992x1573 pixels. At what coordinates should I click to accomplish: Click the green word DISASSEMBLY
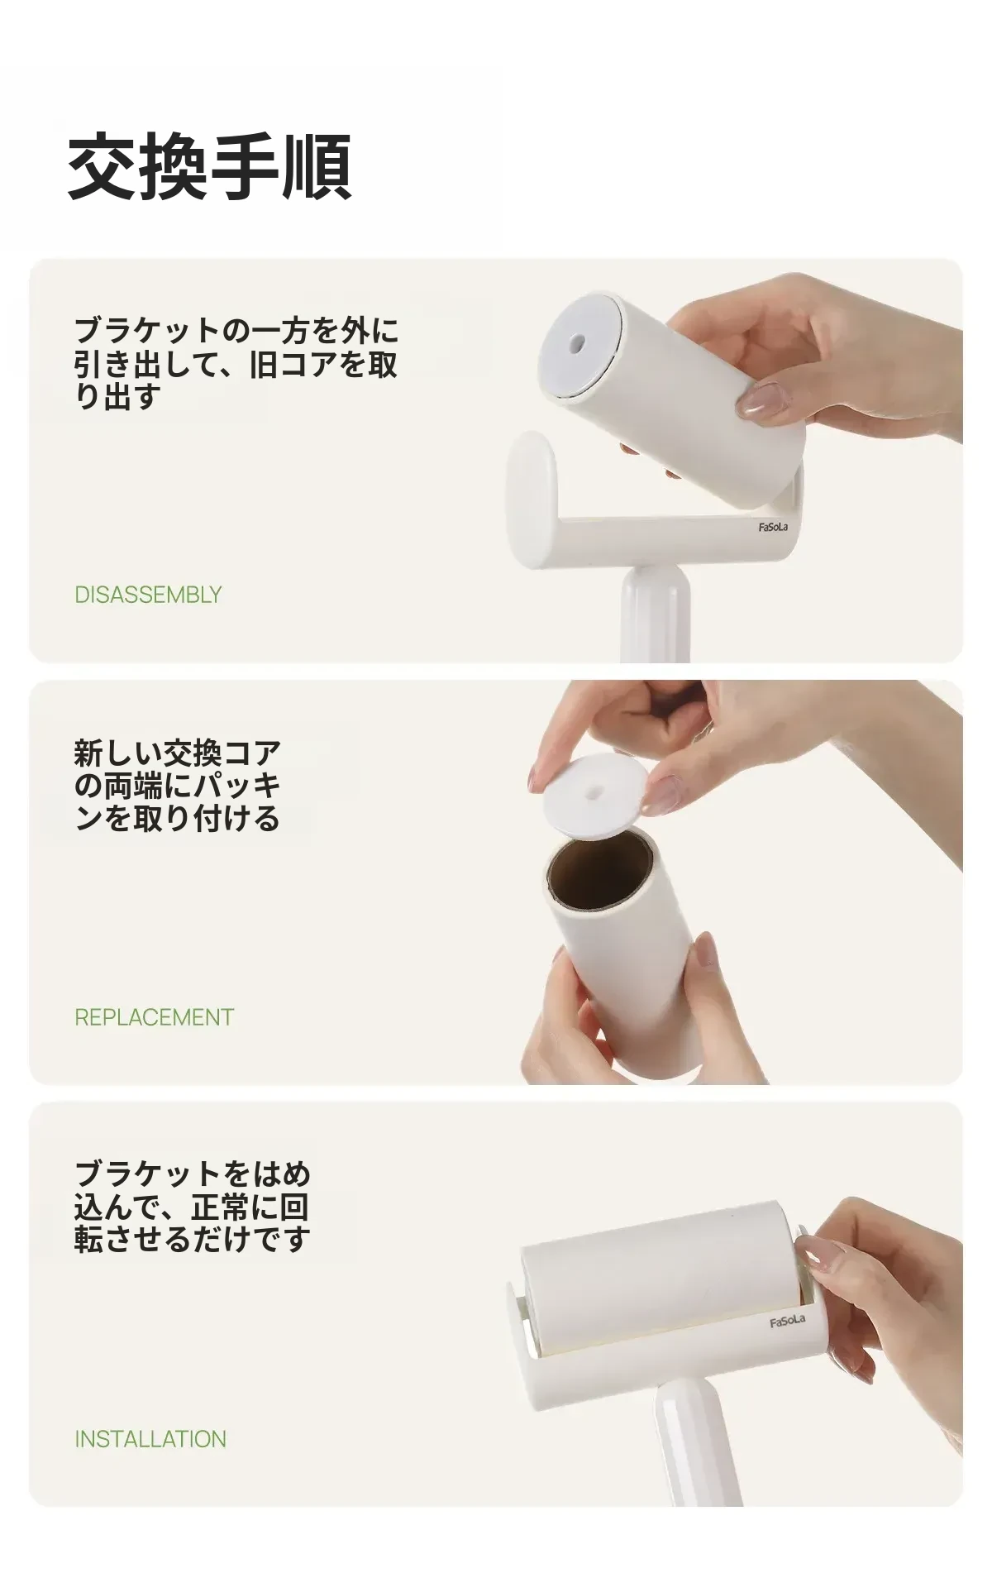[148, 595]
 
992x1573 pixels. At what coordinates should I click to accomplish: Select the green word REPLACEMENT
[155, 1016]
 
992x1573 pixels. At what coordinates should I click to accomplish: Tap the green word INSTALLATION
[150, 1438]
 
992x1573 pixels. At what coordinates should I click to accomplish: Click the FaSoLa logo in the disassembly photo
[773, 527]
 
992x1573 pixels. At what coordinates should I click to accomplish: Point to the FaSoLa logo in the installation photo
[787, 1321]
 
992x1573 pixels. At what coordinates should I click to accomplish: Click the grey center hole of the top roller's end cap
[579, 342]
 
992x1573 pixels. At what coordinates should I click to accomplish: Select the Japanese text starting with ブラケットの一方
[236, 363]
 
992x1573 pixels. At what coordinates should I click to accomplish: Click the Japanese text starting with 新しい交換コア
[178, 785]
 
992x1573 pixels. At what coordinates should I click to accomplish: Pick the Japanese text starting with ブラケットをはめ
[193, 1207]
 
